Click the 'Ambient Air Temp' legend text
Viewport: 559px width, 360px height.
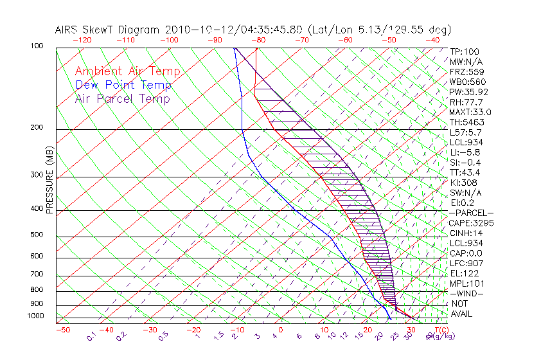tap(127, 71)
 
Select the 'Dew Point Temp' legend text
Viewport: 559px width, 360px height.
tap(123, 85)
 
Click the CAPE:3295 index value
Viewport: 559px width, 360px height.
tap(471, 223)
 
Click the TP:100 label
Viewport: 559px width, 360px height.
tap(465, 51)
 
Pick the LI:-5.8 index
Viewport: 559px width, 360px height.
tap(463, 152)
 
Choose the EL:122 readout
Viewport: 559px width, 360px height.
tap(463, 273)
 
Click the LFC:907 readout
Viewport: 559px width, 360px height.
tap(466, 263)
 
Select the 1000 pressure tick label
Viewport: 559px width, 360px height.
tap(36, 316)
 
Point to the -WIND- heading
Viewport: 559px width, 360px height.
tap(467, 293)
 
